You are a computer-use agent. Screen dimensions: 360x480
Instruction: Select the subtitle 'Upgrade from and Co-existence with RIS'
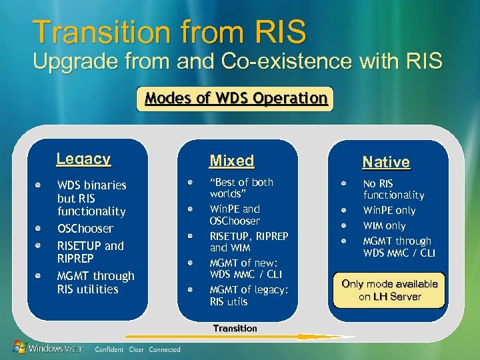tap(237, 62)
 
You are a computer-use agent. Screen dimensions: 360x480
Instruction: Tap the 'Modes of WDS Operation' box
tap(236, 99)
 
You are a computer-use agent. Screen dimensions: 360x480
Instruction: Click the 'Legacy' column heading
tap(83, 159)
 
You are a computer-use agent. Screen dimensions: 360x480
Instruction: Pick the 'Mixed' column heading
tap(231, 161)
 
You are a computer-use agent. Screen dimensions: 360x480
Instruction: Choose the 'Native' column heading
tap(385, 162)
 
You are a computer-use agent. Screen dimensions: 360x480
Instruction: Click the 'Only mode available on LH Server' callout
tap(389, 290)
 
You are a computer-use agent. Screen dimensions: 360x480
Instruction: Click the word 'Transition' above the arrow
tap(235, 328)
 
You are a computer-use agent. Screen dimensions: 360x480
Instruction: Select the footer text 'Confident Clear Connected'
tap(137, 349)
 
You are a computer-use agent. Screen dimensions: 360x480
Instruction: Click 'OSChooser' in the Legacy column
tap(85, 229)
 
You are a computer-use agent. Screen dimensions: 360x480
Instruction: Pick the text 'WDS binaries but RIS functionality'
tap(91, 198)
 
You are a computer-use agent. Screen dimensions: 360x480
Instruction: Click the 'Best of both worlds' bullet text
tap(241, 188)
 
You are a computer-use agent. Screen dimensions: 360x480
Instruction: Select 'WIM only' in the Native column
tap(384, 226)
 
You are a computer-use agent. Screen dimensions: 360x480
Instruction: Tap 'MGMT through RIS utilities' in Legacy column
tap(95, 282)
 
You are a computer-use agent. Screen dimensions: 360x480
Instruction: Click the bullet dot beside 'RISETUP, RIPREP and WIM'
tap(191, 235)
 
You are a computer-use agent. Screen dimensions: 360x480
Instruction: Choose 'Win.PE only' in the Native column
tap(389, 211)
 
